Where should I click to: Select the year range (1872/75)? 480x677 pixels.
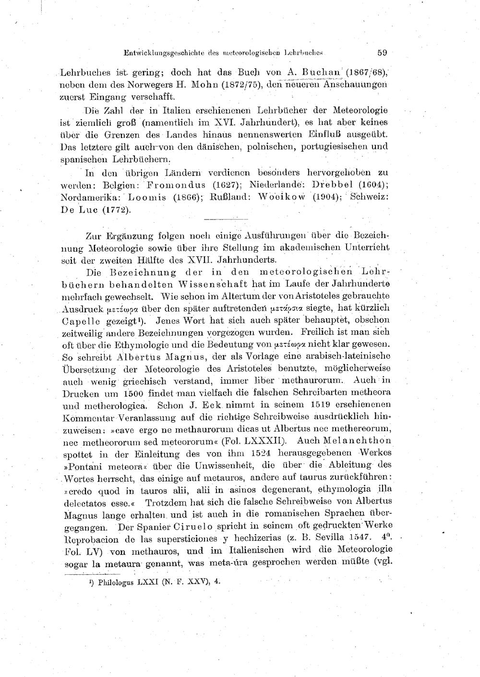[x=242, y=85]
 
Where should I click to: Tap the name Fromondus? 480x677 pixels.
[x=177, y=185]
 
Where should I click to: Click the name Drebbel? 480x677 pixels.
[x=333, y=185]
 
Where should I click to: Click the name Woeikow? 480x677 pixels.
[x=283, y=197]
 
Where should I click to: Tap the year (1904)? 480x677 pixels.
[x=328, y=197]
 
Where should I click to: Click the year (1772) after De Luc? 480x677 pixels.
[x=116, y=210]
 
